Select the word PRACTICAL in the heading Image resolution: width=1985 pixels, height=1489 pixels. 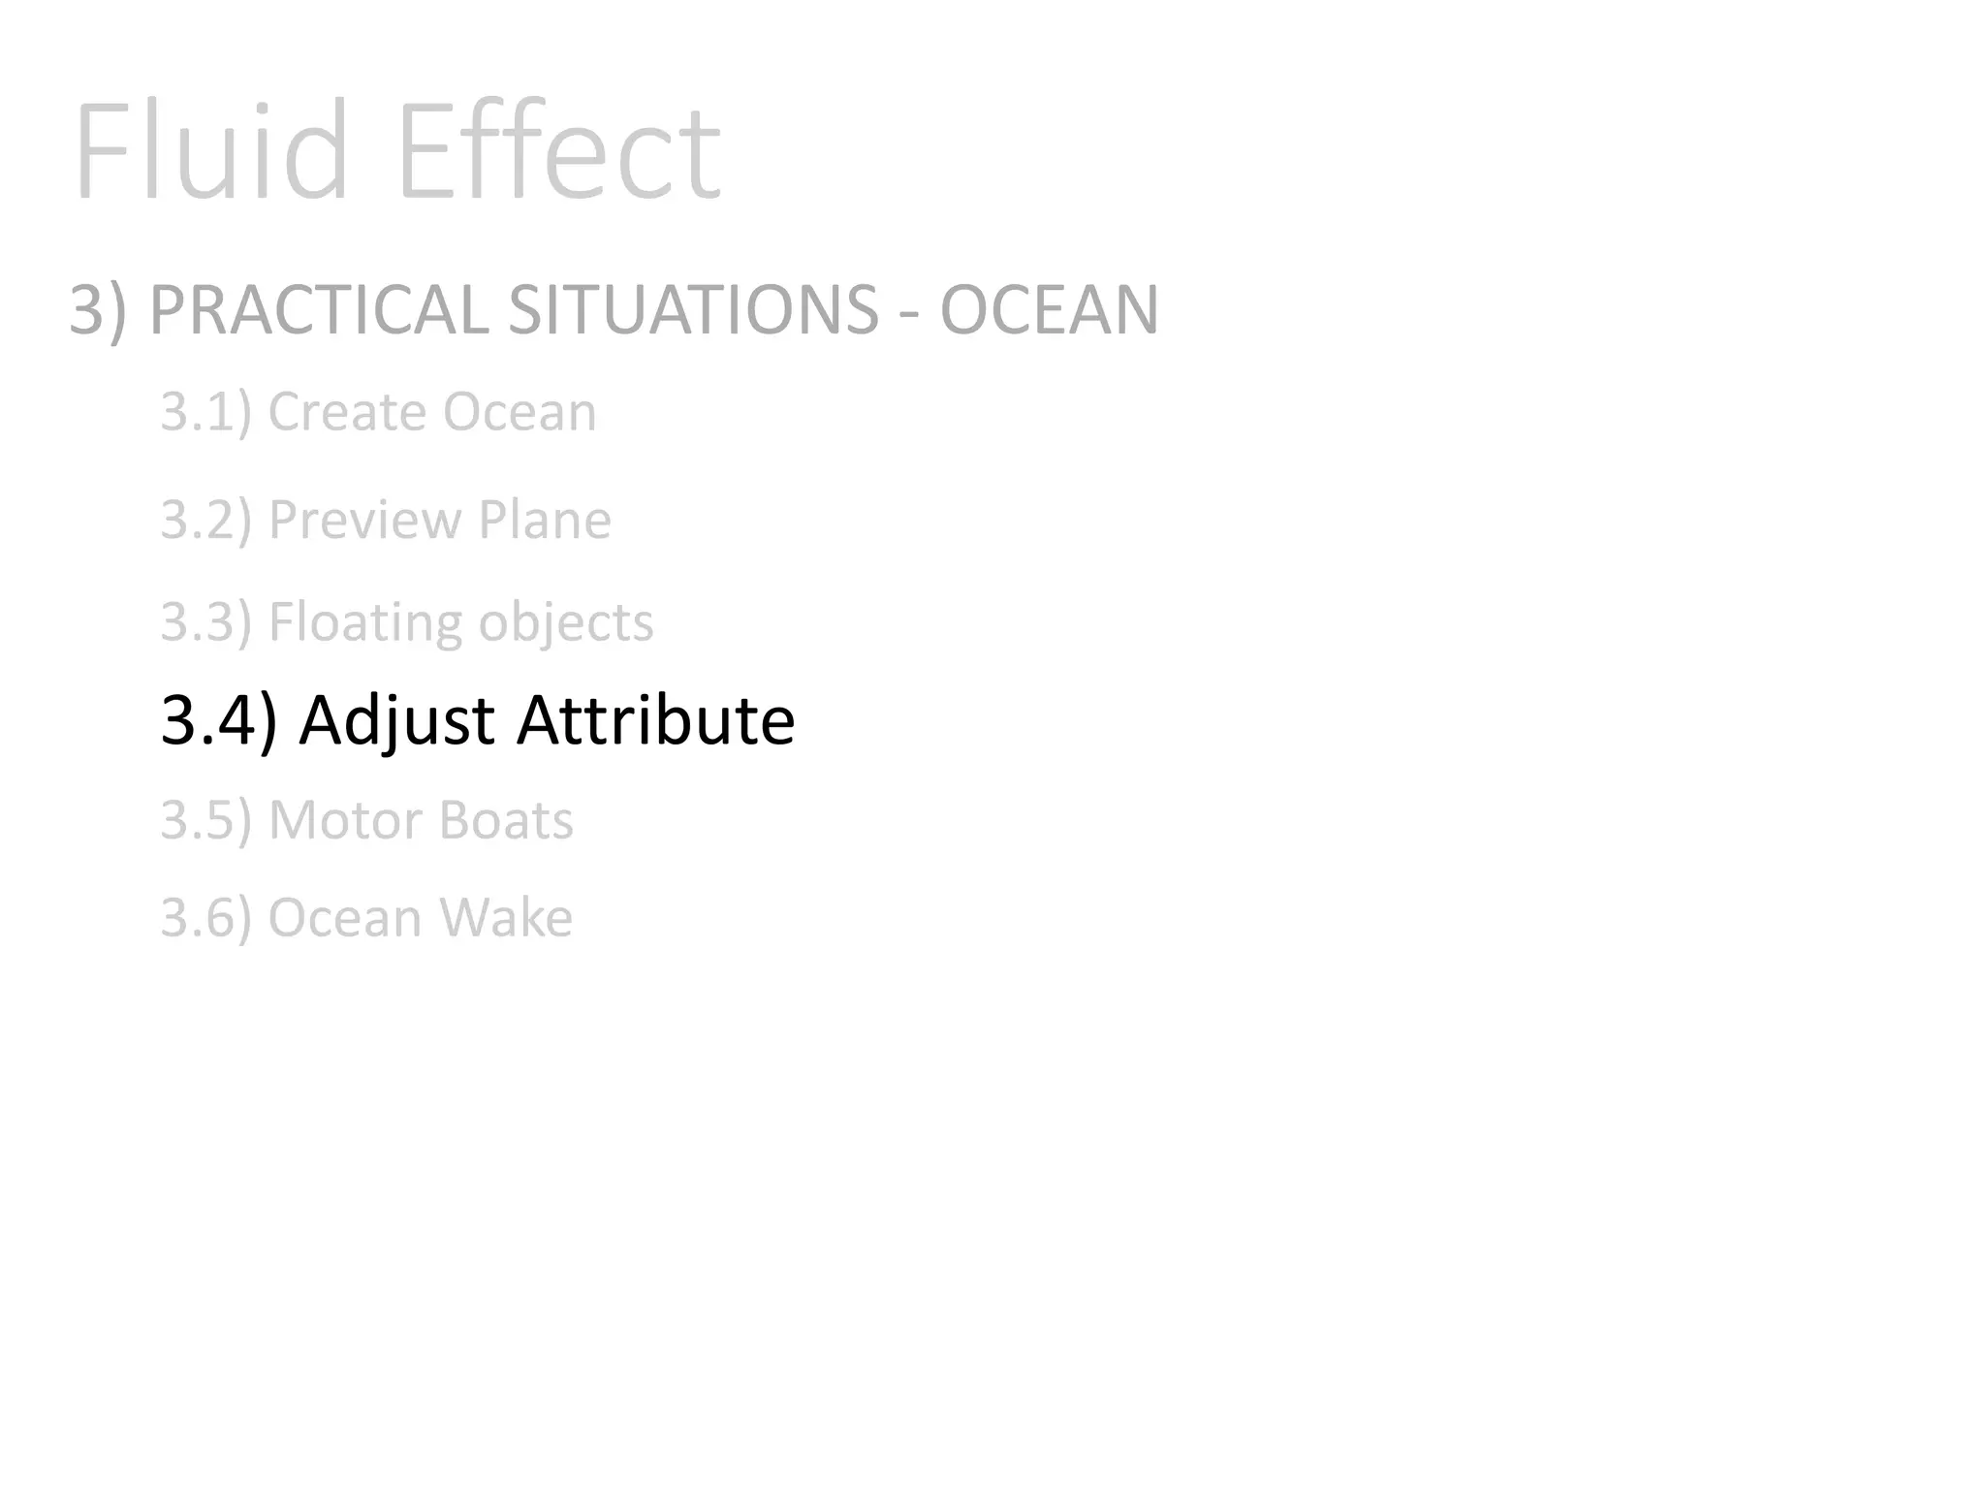pos(319,310)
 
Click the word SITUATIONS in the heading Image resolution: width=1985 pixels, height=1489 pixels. pos(693,310)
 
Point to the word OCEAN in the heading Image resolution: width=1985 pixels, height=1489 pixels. pos(1050,310)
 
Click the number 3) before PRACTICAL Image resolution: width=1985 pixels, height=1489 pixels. pos(98,310)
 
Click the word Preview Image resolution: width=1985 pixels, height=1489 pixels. pos(364,520)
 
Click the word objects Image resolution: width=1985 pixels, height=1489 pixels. pos(566,622)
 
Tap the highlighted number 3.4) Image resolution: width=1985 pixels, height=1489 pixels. pos(219,720)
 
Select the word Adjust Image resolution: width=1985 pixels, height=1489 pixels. pos(398,722)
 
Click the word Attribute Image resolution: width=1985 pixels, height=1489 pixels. pos(656,720)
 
